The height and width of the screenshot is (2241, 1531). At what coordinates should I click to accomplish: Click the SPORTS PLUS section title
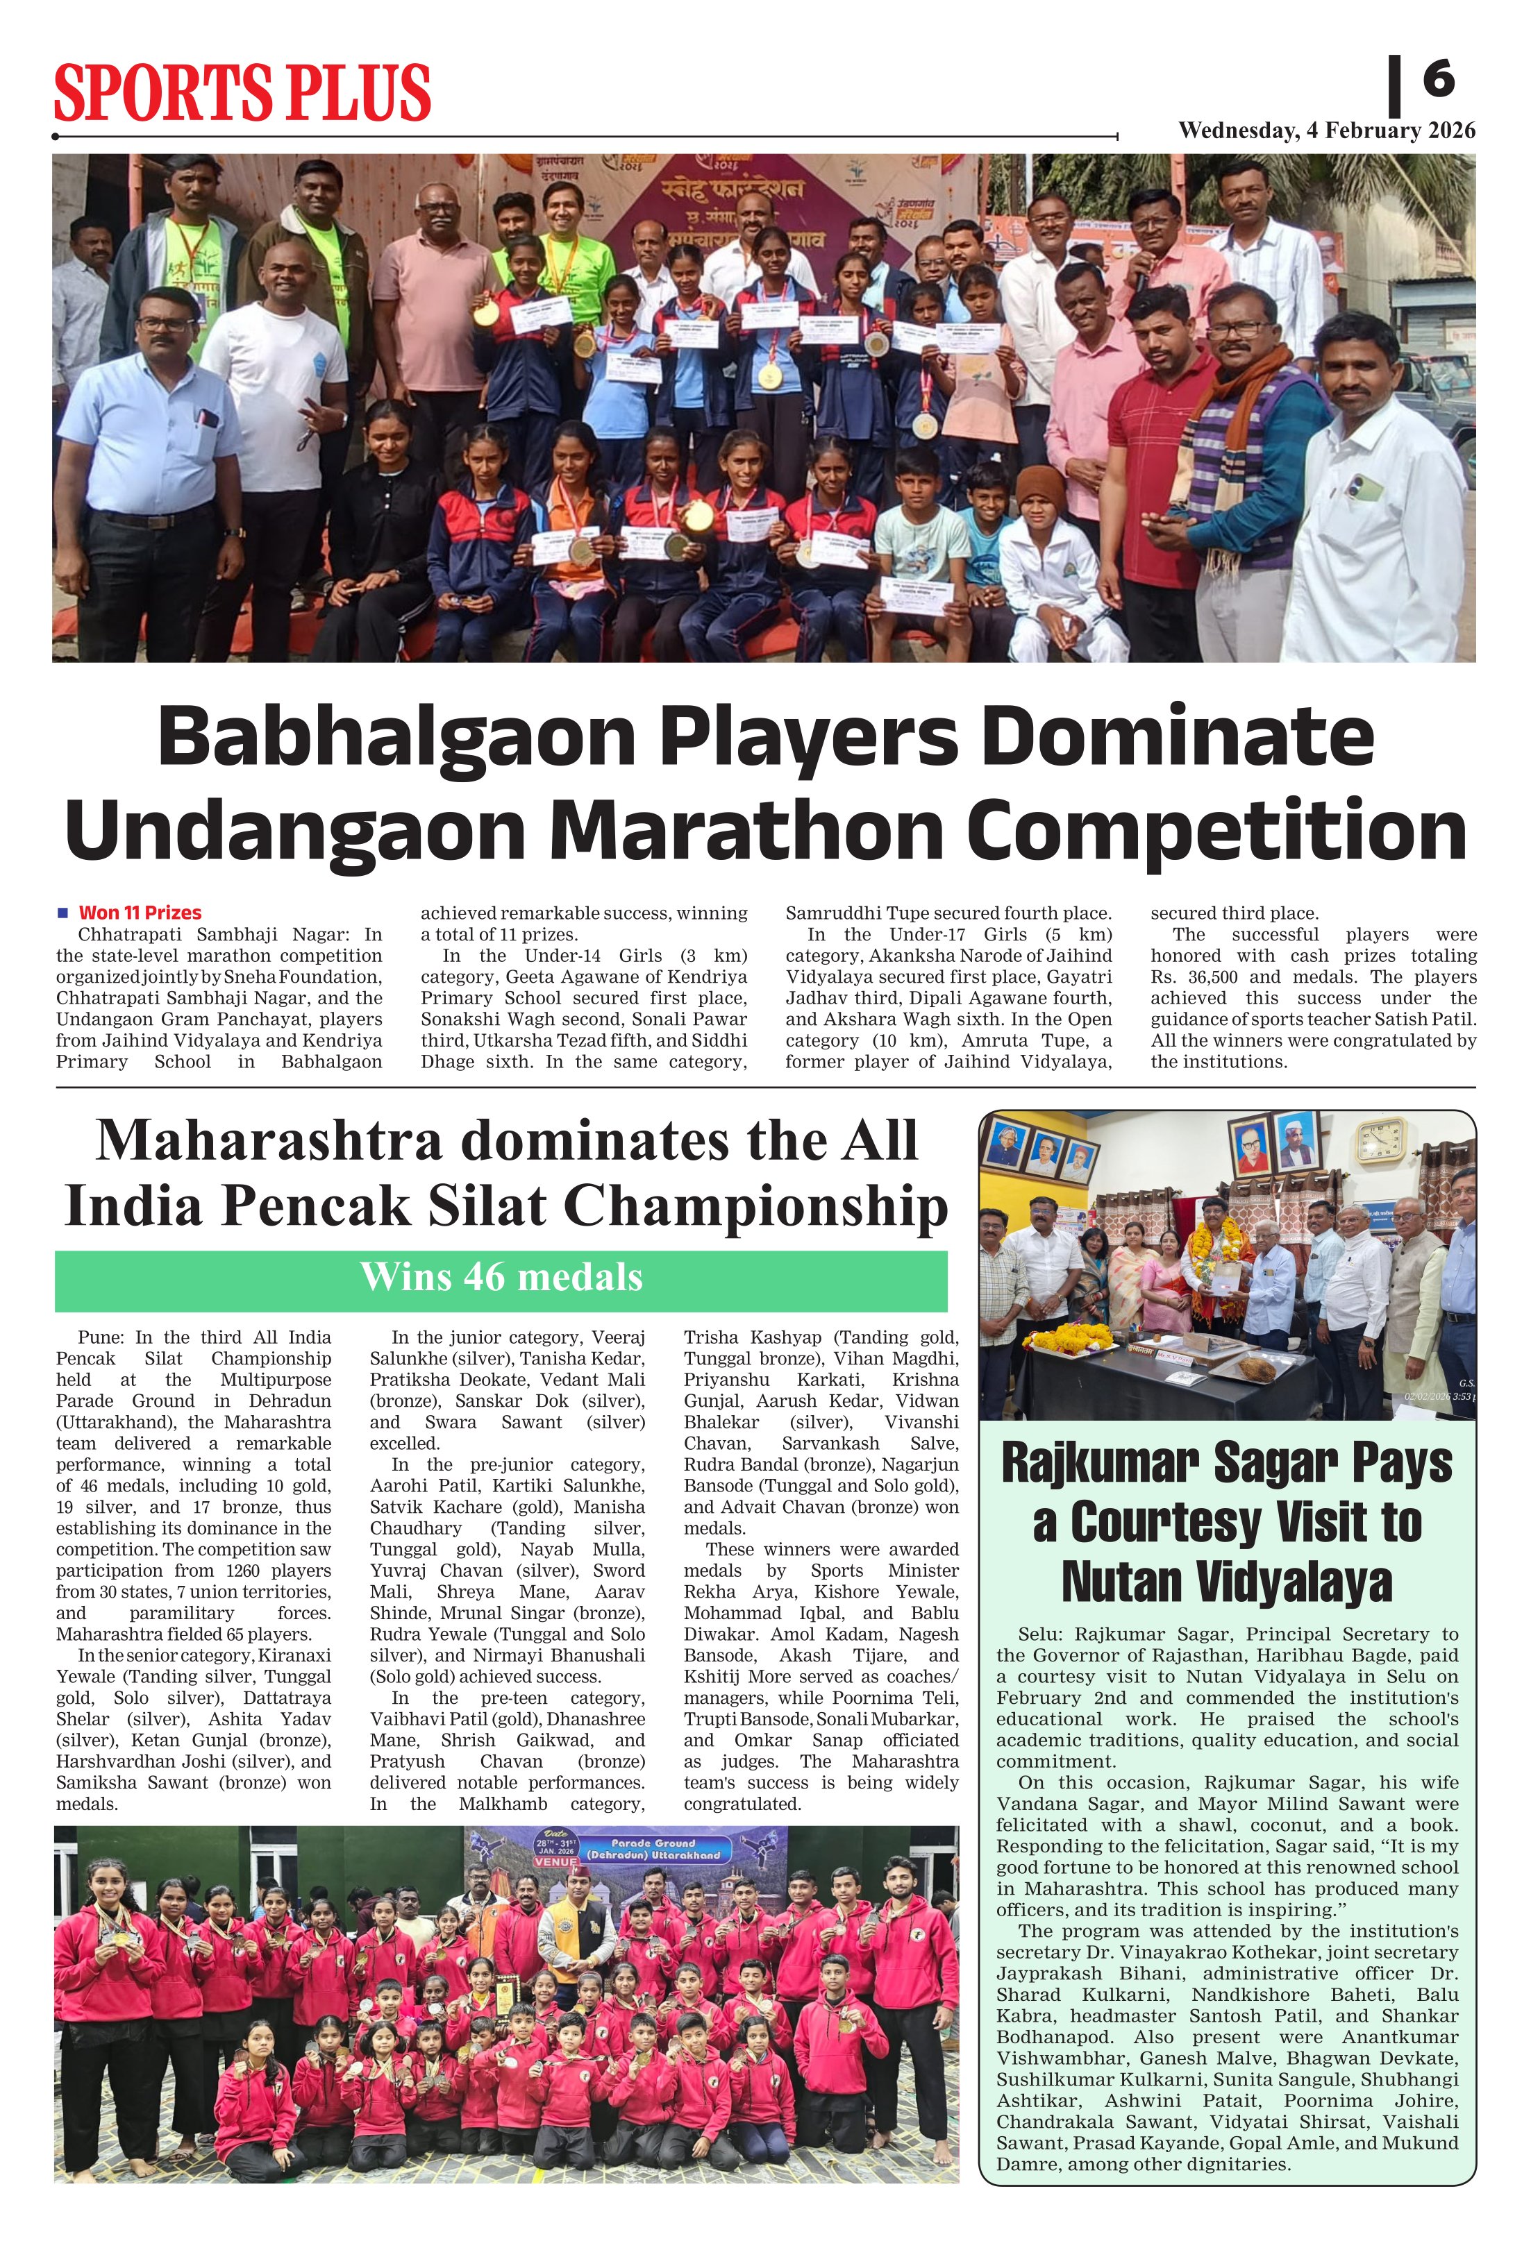coord(242,92)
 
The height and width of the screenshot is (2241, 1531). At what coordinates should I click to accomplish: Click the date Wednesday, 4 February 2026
coord(1326,131)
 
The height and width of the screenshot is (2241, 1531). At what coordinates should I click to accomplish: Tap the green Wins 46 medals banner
coord(501,1277)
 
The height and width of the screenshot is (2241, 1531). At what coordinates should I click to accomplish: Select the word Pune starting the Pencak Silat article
coord(100,1337)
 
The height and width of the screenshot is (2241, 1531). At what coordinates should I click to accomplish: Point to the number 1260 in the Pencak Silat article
coord(246,1592)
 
